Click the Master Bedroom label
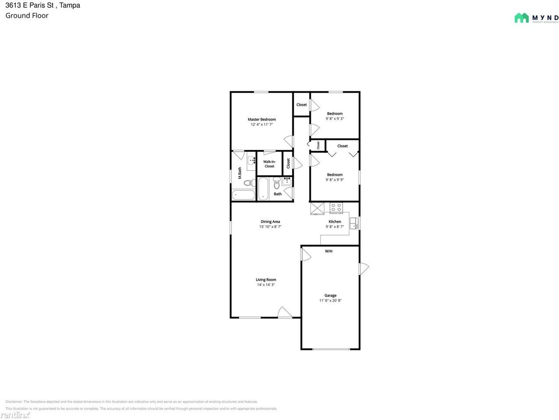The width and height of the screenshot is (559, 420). pyautogui.click(x=262, y=119)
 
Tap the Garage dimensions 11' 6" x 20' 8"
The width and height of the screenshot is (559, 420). pyautogui.click(x=330, y=301)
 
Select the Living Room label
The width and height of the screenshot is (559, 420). pyautogui.click(x=266, y=280)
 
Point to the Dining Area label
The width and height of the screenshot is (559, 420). pyautogui.click(x=270, y=222)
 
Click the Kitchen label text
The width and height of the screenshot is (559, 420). pyautogui.click(x=335, y=222)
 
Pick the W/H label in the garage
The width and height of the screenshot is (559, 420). pyautogui.click(x=328, y=251)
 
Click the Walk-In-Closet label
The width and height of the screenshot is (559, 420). pyautogui.click(x=269, y=164)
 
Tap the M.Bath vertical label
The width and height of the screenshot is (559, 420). pyautogui.click(x=240, y=173)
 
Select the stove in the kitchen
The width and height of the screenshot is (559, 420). pyautogui.click(x=336, y=207)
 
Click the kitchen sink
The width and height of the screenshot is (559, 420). pyautogui.click(x=355, y=223)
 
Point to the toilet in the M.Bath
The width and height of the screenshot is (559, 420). pyautogui.click(x=248, y=183)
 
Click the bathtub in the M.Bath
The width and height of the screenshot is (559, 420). pyautogui.click(x=243, y=195)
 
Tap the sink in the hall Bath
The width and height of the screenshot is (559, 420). pyautogui.click(x=287, y=181)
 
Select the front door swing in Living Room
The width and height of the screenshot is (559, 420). pyautogui.click(x=284, y=312)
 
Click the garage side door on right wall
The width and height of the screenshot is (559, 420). pyautogui.click(x=363, y=269)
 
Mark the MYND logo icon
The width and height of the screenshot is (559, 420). pyautogui.click(x=521, y=18)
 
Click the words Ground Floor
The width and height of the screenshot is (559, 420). pyautogui.click(x=27, y=16)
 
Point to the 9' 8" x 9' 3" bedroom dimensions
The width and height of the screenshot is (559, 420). pyautogui.click(x=335, y=119)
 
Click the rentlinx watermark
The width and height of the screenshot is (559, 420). pyautogui.click(x=15, y=414)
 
